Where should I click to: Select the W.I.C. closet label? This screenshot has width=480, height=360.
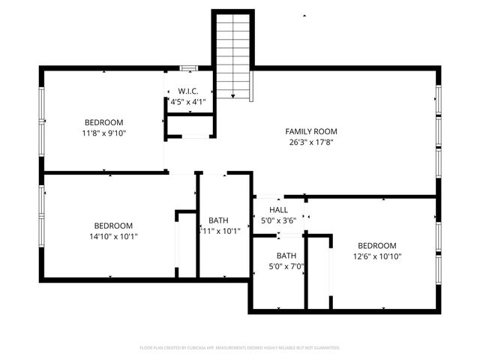[187, 91]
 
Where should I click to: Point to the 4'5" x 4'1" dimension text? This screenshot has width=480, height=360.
[187, 101]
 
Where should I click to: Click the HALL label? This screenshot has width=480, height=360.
[278, 211]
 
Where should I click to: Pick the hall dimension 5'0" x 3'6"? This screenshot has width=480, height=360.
[278, 221]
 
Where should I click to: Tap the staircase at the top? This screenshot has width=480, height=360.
[234, 52]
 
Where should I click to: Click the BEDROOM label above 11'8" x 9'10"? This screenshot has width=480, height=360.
[103, 122]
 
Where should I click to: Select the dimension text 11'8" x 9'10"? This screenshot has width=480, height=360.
[103, 133]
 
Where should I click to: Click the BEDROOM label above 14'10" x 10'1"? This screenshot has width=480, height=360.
[113, 226]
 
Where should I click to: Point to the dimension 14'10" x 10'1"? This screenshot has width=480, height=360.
[113, 236]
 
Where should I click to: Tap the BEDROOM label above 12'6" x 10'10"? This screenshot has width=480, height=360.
[376, 246]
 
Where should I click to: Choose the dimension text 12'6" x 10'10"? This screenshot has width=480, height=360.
[376, 256]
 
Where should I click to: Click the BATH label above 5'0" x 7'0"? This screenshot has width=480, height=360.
[286, 256]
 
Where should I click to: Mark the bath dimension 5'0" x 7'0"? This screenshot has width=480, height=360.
[286, 266]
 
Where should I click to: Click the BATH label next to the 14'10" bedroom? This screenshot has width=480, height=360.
[219, 220]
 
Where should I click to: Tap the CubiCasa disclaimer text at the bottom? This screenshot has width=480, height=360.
[240, 348]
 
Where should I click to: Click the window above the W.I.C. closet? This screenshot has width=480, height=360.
[189, 68]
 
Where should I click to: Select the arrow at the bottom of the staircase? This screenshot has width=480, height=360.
[234, 97]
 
